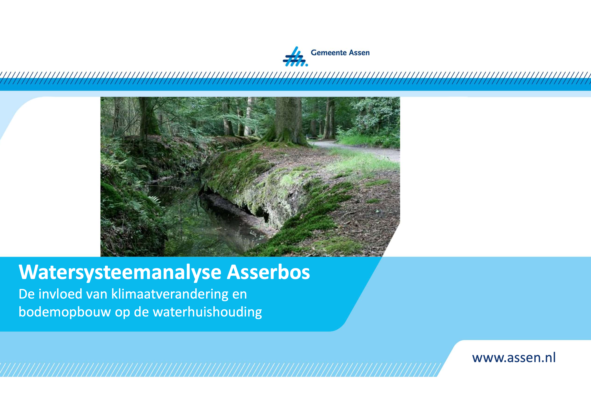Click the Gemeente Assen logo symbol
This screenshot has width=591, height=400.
pos(295,56)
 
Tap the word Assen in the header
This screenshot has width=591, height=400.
pos(359,53)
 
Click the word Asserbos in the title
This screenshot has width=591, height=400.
pos(268,272)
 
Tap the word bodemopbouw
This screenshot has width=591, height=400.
pos(65,312)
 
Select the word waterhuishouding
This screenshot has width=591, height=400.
pos(207,312)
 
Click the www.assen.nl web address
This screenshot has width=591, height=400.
pos(514,357)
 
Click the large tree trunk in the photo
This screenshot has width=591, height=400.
pos(288,120)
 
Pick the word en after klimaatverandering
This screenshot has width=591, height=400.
pos(239,295)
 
